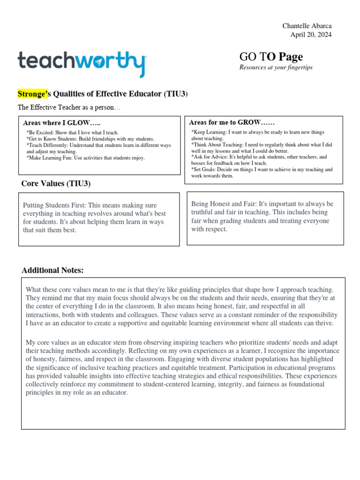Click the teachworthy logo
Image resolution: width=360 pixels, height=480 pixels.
[x=82, y=64]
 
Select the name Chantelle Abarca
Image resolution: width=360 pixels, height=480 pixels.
[x=307, y=26]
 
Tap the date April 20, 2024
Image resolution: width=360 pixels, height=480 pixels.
[x=311, y=35]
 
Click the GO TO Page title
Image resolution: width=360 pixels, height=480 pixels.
[x=271, y=57]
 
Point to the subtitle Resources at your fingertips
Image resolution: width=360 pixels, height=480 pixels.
[x=276, y=67]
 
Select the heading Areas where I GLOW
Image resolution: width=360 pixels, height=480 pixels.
[x=62, y=123]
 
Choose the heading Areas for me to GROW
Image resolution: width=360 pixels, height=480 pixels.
[x=232, y=122]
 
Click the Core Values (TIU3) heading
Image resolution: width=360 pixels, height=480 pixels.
[x=56, y=183]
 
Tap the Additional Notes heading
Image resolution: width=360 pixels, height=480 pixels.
[x=52, y=270]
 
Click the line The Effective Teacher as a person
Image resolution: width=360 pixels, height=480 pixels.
[x=69, y=107]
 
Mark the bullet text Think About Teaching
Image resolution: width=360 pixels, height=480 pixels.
[x=217, y=145]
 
